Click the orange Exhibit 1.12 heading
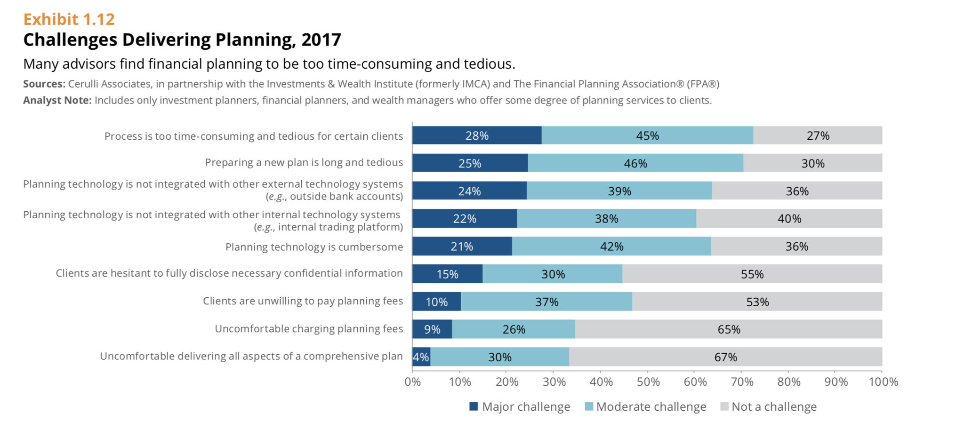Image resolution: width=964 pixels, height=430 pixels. [x=69, y=19]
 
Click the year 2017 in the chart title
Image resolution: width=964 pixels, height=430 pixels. [x=321, y=40]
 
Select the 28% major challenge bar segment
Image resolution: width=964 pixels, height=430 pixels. [x=477, y=135]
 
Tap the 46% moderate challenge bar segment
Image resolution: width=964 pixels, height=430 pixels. [x=635, y=163]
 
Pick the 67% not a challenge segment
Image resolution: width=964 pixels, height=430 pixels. [x=725, y=357]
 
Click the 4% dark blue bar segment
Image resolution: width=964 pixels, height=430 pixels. [x=421, y=357]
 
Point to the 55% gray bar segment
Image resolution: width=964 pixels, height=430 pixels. [x=752, y=274]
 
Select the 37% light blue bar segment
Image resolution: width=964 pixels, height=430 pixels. [x=546, y=302]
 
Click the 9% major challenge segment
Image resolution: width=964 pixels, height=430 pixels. [x=432, y=329]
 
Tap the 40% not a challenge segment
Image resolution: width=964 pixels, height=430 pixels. [x=789, y=218]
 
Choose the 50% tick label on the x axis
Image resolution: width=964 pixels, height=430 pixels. [x=648, y=382]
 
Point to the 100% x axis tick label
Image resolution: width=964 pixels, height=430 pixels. [x=883, y=382]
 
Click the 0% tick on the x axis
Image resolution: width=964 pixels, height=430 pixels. [x=413, y=382]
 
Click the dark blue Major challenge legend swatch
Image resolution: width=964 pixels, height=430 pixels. [x=474, y=406]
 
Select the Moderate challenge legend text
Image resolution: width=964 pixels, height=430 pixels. [x=651, y=406]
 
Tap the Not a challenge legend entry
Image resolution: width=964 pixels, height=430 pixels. [x=774, y=406]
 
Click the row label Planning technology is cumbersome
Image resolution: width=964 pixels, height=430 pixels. [x=314, y=247]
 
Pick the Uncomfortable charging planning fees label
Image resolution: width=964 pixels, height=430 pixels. [x=309, y=328]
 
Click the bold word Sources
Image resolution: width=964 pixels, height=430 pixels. [x=44, y=84]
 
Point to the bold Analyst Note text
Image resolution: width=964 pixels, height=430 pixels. [x=57, y=100]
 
